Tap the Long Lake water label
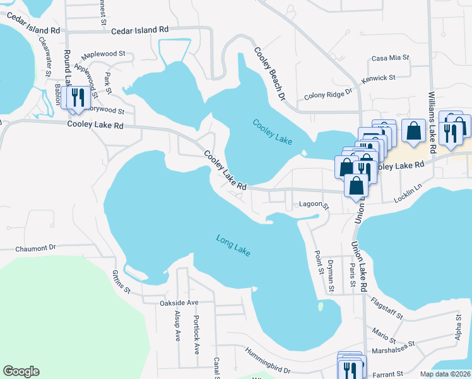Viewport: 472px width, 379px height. (x=233, y=245)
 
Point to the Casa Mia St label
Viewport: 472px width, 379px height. (x=391, y=58)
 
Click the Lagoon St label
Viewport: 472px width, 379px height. (x=314, y=205)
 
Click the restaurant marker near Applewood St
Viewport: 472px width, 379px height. (x=76, y=99)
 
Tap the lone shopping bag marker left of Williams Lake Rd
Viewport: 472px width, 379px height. (x=413, y=131)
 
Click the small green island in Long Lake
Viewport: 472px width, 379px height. (x=321, y=307)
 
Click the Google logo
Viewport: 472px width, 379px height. (x=21, y=371)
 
